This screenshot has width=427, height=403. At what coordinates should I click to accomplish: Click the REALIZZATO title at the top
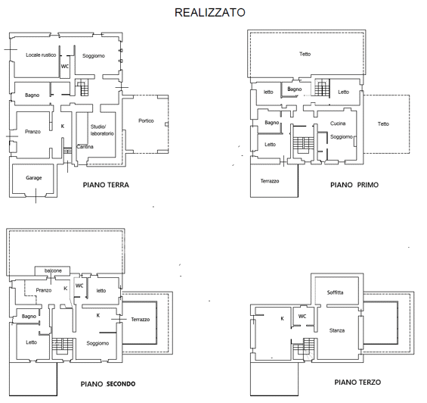209,12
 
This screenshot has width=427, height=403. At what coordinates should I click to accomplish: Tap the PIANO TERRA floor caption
106,185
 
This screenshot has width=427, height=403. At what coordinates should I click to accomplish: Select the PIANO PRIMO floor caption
354,185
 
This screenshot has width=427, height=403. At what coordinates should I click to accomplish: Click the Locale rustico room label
41,55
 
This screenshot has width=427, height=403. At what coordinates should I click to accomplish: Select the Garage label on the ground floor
33,178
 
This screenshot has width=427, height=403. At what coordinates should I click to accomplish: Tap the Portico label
147,121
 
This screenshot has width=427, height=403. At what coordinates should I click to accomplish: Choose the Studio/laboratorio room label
102,130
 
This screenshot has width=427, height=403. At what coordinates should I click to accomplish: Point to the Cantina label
85,146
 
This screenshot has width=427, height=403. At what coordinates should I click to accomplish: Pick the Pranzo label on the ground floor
32,132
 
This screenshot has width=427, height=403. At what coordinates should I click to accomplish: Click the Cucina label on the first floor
338,123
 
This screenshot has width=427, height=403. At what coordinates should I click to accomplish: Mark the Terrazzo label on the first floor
270,181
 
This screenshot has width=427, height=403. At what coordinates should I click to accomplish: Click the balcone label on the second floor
53,270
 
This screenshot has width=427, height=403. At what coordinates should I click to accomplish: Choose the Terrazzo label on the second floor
140,320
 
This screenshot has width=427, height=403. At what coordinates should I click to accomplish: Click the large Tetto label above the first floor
305,54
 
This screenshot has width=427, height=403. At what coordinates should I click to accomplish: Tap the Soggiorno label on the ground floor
94,56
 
